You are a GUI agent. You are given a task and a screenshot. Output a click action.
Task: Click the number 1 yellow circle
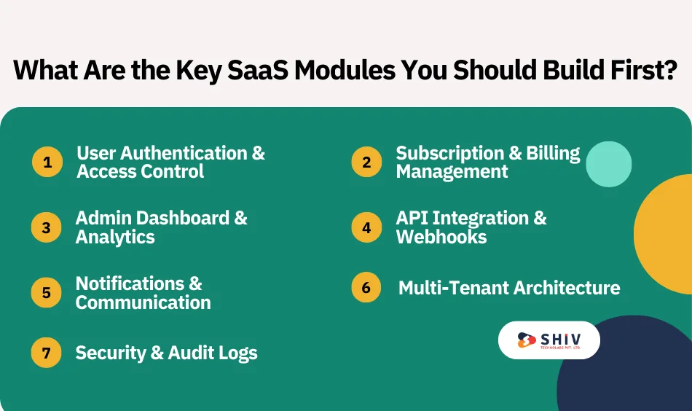coord(47,162)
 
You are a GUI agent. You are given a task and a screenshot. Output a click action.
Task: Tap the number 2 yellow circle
coord(366,162)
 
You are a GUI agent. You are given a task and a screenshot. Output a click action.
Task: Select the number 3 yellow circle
coord(47,227)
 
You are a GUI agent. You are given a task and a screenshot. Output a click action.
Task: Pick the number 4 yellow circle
coord(366,227)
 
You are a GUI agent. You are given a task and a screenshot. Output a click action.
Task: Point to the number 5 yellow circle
coord(47,293)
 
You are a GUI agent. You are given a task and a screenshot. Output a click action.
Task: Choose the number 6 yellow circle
coord(366,288)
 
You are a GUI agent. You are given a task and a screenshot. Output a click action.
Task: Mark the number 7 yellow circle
coord(47,353)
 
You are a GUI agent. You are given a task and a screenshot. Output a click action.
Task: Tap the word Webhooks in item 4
coord(441,237)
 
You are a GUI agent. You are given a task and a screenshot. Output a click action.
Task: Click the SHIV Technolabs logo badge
coord(549,340)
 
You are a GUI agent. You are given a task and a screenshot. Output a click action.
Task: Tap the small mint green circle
coord(608,164)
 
